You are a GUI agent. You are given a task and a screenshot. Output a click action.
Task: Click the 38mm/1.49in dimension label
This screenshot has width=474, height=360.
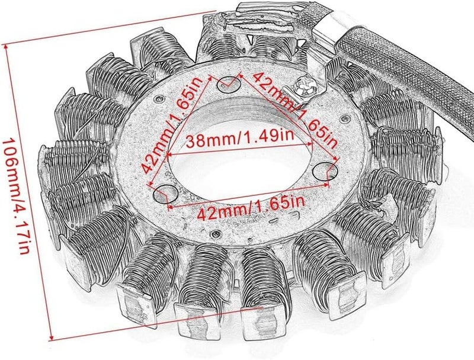pyautogui.click(x=240, y=140)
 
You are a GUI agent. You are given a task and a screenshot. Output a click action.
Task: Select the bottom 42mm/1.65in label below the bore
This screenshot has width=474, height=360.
pyautogui.click(x=251, y=206)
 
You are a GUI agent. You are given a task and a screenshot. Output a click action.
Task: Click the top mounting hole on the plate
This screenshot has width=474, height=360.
pyautogui.click(x=229, y=85)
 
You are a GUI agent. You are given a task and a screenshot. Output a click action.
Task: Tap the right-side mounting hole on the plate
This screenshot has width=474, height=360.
pyautogui.click(x=325, y=171)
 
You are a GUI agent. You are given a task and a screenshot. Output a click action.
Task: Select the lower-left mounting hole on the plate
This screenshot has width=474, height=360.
pyautogui.click(x=165, y=194)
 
